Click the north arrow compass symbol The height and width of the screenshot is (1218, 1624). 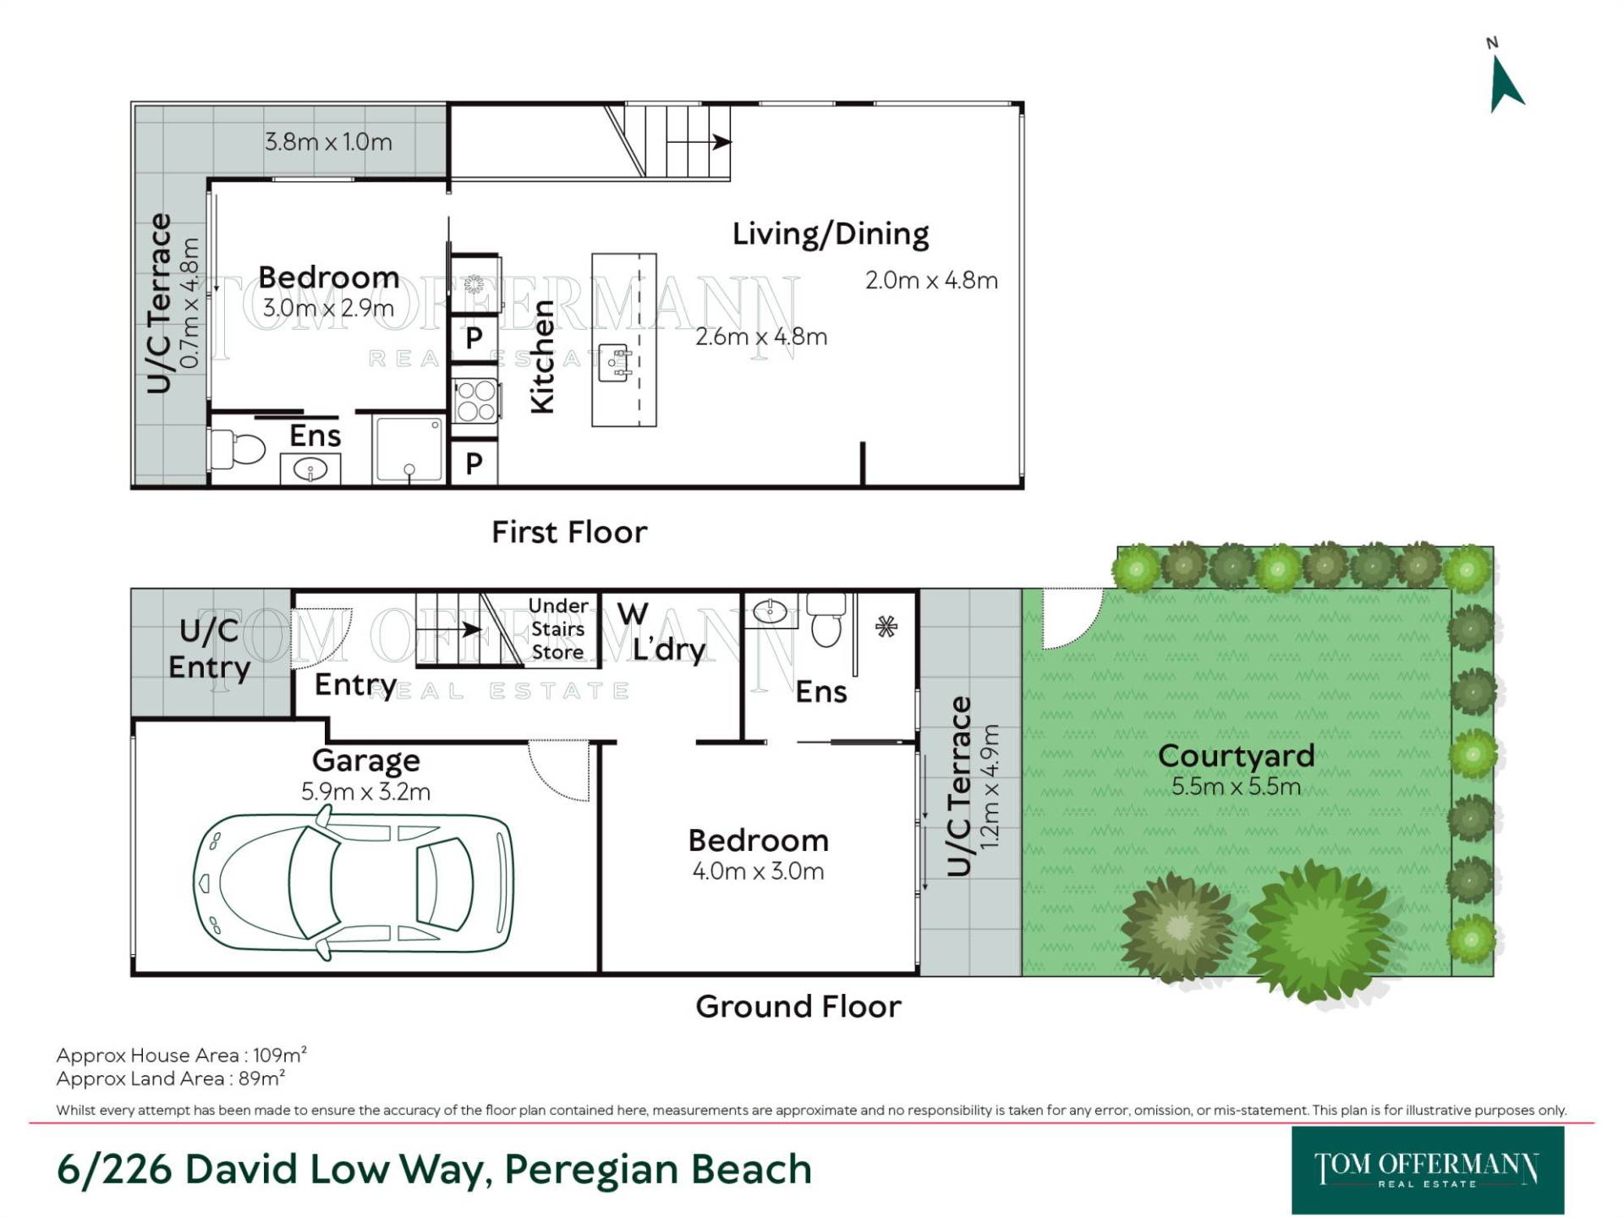coord(1506,83)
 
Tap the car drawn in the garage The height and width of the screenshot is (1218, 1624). coord(354,883)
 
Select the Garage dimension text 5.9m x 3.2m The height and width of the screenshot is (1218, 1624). coord(365,792)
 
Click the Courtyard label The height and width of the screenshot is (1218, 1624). coord(1236,755)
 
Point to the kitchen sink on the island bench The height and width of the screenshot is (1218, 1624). coord(615,361)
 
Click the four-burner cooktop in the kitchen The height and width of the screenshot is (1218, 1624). coord(475,401)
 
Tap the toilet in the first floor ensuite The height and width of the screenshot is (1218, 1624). coord(239,449)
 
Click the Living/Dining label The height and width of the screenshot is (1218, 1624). coord(831,234)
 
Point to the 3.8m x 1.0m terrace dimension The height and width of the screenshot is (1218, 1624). coord(328,141)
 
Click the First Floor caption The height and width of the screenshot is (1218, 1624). coord(569,532)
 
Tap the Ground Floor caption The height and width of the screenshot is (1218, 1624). coord(798,1007)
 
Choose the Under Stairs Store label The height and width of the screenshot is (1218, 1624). coord(557,628)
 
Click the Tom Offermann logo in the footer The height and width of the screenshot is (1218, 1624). coord(1428,1170)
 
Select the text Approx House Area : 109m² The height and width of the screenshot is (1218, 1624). coord(181,1055)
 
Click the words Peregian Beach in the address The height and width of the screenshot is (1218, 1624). coord(658,1169)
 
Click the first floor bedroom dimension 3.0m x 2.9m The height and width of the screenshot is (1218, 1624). coord(328,308)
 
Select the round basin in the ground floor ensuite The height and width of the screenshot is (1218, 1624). coord(770,611)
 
